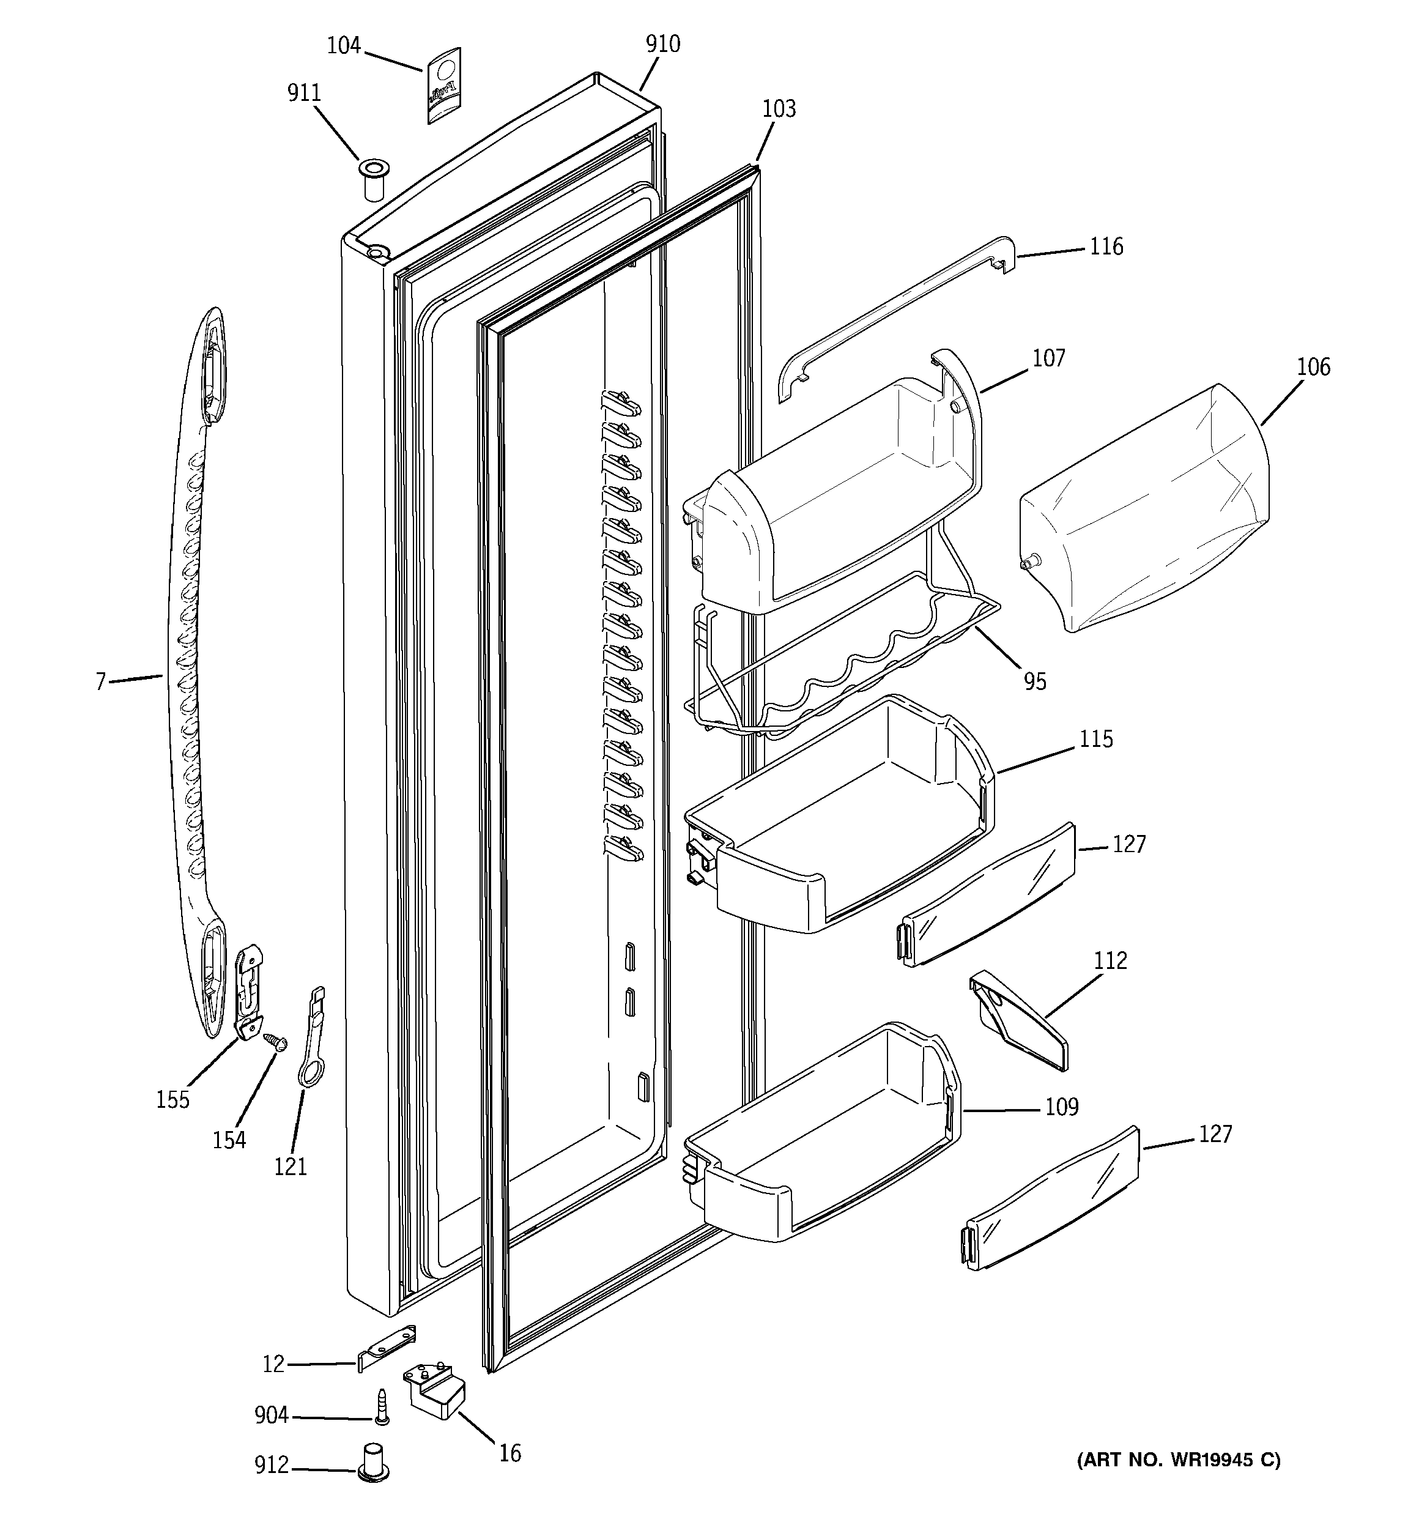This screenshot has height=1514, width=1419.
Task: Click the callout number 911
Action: coord(304,93)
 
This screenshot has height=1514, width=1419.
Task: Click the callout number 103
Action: coord(779,109)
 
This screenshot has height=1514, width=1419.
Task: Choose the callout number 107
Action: coord(1048,358)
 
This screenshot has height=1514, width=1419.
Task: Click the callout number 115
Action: coord(1096,739)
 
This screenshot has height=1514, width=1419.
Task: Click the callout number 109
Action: coord(1062,1107)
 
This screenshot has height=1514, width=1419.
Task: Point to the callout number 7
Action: coord(100,681)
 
